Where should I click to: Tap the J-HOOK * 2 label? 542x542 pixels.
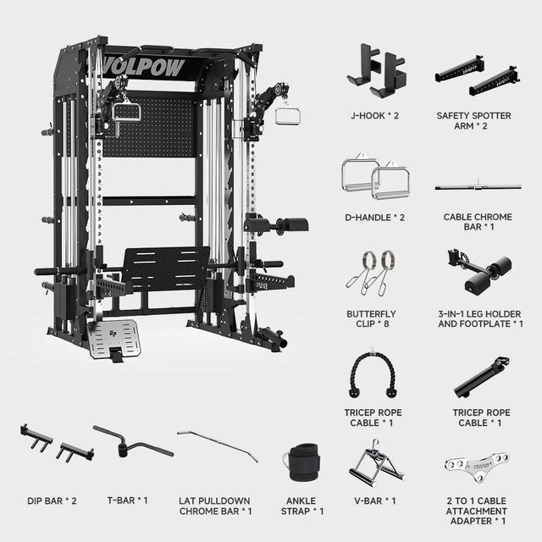click(374, 116)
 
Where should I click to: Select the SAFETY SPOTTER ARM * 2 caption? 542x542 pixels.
click(473, 120)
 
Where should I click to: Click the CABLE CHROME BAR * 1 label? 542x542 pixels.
click(478, 222)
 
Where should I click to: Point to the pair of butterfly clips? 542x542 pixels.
click(371, 273)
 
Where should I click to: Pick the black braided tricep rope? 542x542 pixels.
click(373, 375)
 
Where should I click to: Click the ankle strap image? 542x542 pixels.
click(302, 462)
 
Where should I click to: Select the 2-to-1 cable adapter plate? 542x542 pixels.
click(477, 466)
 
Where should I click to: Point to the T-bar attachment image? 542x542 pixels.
click(133, 442)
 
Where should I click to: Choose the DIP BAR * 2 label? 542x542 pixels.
click(52, 501)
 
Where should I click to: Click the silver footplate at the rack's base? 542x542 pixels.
click(114, 339)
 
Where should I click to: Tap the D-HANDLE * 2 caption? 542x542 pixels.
click(374, 218)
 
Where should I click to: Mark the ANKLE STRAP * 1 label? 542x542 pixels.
click(302, 506)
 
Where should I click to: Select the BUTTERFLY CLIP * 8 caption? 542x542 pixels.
click(371, 318)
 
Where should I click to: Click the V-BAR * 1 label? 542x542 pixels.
click(374, 501)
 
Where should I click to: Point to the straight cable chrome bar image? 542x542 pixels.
click(478, 187)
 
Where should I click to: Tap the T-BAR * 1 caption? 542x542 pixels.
click(127, 501)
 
